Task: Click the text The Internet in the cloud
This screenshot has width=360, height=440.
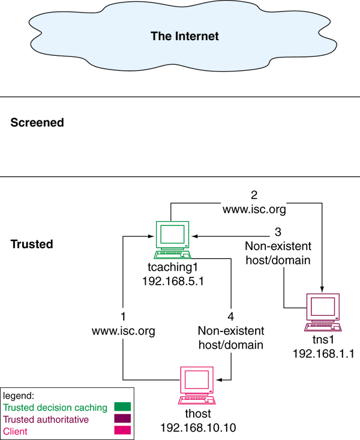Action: pos(184,36)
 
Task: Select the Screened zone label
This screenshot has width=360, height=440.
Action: pos(37,123)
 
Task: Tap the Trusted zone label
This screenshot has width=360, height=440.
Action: pos(32,245)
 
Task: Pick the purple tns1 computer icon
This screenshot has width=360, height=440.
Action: pos(322,312)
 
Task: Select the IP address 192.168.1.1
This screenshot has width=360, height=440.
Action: pos(323,354)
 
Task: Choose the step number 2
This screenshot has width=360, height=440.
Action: pos(254,195)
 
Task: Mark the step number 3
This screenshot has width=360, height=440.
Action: pos(277,232)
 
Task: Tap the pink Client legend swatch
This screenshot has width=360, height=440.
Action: pos(122,431)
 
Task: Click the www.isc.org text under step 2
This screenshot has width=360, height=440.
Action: pos(254,210)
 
